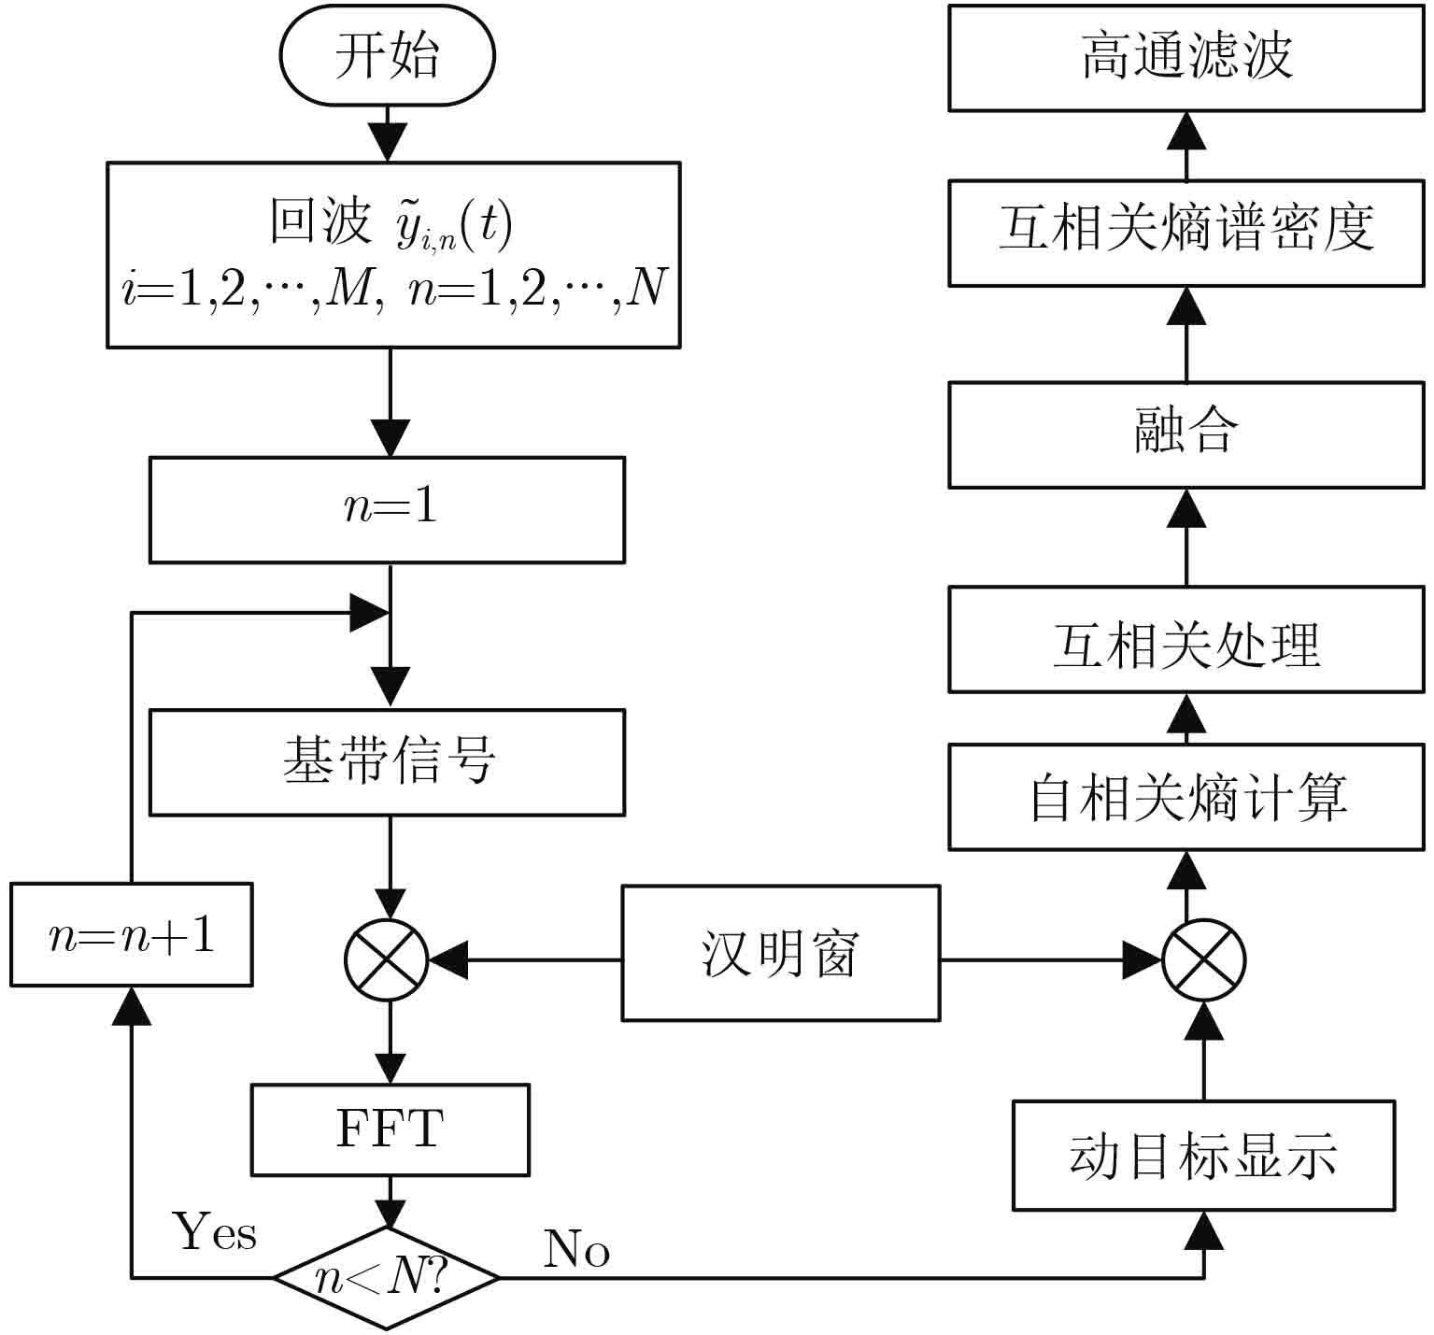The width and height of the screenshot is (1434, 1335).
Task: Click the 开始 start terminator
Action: tap(387, 56)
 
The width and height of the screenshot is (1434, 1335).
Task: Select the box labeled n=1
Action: tap(387, 509)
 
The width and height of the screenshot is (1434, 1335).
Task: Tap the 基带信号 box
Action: tap(387, 762)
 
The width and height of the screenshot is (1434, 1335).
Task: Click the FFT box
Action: tap(390, 1129)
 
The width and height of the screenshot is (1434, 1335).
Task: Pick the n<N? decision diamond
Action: tap(386, 1277)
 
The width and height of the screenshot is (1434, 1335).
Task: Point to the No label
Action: tap(576, 1249)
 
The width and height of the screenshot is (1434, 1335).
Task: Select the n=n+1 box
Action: tap(132, 934)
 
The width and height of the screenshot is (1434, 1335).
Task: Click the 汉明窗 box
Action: tap(780, 953)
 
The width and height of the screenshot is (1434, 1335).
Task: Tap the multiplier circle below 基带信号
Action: tap(387, 960)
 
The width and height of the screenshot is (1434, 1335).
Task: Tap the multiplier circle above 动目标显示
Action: tap(1203, 960)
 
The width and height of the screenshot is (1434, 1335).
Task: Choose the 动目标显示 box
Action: tap(1203, 1156)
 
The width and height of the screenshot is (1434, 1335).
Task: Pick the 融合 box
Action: tap(1186, 434)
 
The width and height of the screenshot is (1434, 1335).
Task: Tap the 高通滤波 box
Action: tap(1186, 57)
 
